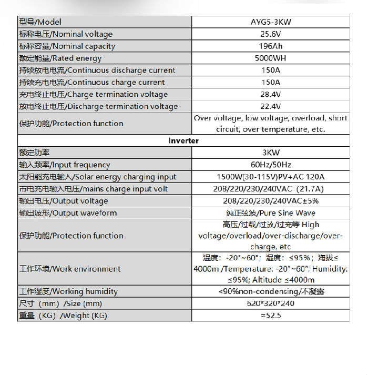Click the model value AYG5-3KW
(270, 22)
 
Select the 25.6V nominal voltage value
(270, 34)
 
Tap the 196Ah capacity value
(270, 46)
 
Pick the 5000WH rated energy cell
(270, 58)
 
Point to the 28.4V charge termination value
(270, 95)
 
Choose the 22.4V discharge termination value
(270, 107)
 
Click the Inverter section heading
(183, 141)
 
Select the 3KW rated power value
(270, 153)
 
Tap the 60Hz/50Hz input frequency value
(270, 165)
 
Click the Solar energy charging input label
(98, 177)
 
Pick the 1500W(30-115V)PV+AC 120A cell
(270, 177)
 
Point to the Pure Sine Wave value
(270, 214)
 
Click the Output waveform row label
(68, 214)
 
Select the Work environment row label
(70, 269)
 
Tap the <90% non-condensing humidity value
(270, 291)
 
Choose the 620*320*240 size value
(270, 303)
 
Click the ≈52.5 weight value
(270, 316)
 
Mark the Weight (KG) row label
(63, 316)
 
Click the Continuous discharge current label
(97, 70)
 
